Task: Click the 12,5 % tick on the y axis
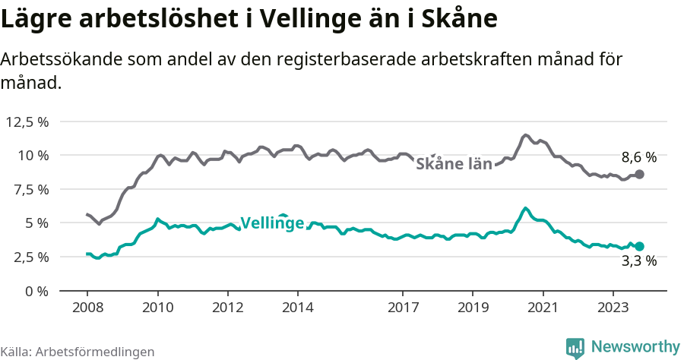(27, 122)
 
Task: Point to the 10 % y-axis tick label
(33, 155)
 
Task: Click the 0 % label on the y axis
(36, 291)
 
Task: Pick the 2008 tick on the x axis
(87, 308)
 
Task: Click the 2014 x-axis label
(297, 308)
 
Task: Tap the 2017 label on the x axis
(403, 308)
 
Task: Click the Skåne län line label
(454, 163)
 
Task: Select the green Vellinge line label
(272, 223)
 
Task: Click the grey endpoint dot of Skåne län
(639, 174)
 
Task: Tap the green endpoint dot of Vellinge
(639, 246)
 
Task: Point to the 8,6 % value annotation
(638, 158)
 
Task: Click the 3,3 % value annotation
(638, 261)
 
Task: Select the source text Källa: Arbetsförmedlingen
(78, 352)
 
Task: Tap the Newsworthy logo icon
(575, 347)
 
